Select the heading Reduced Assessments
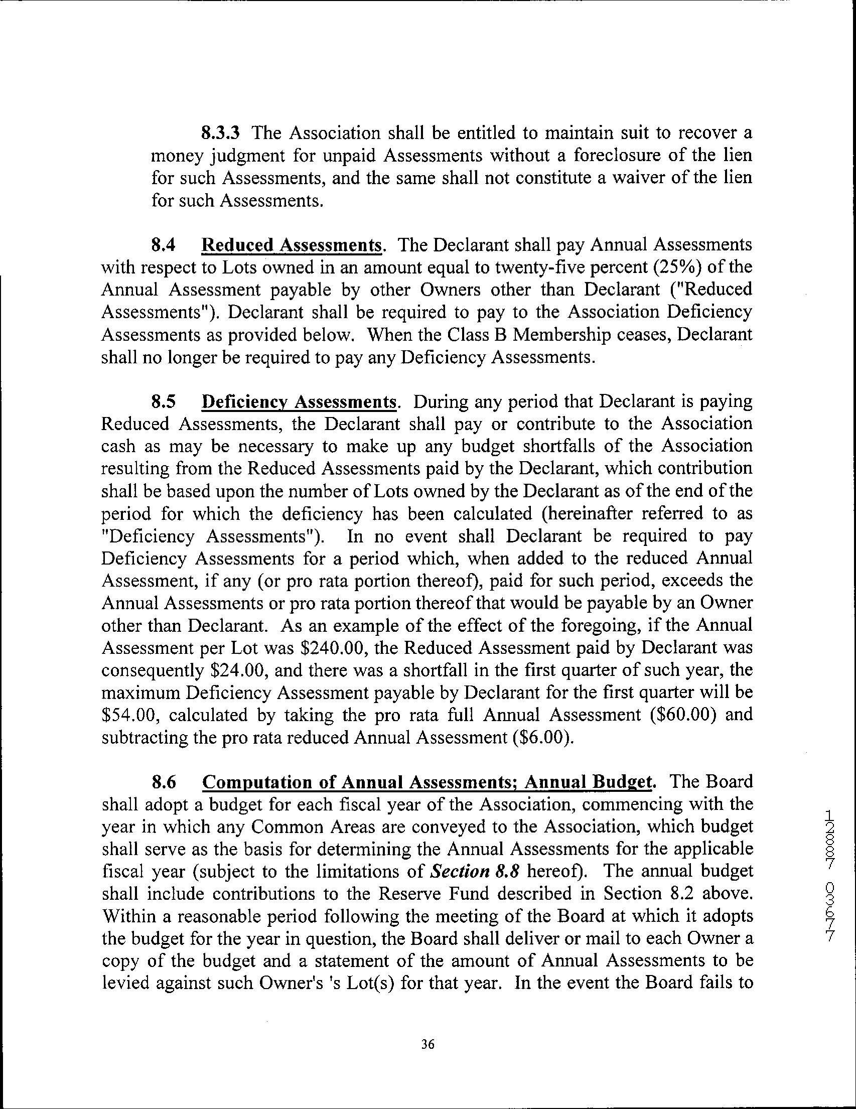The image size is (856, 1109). tap(292, 245)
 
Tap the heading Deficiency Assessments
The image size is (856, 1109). tap(299, 402)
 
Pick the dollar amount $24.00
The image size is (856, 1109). tap(240, 671)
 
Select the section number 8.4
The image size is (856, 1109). tap(164, 245)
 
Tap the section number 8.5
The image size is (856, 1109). tap(164, 402)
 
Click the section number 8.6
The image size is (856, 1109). tap(164, 782)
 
